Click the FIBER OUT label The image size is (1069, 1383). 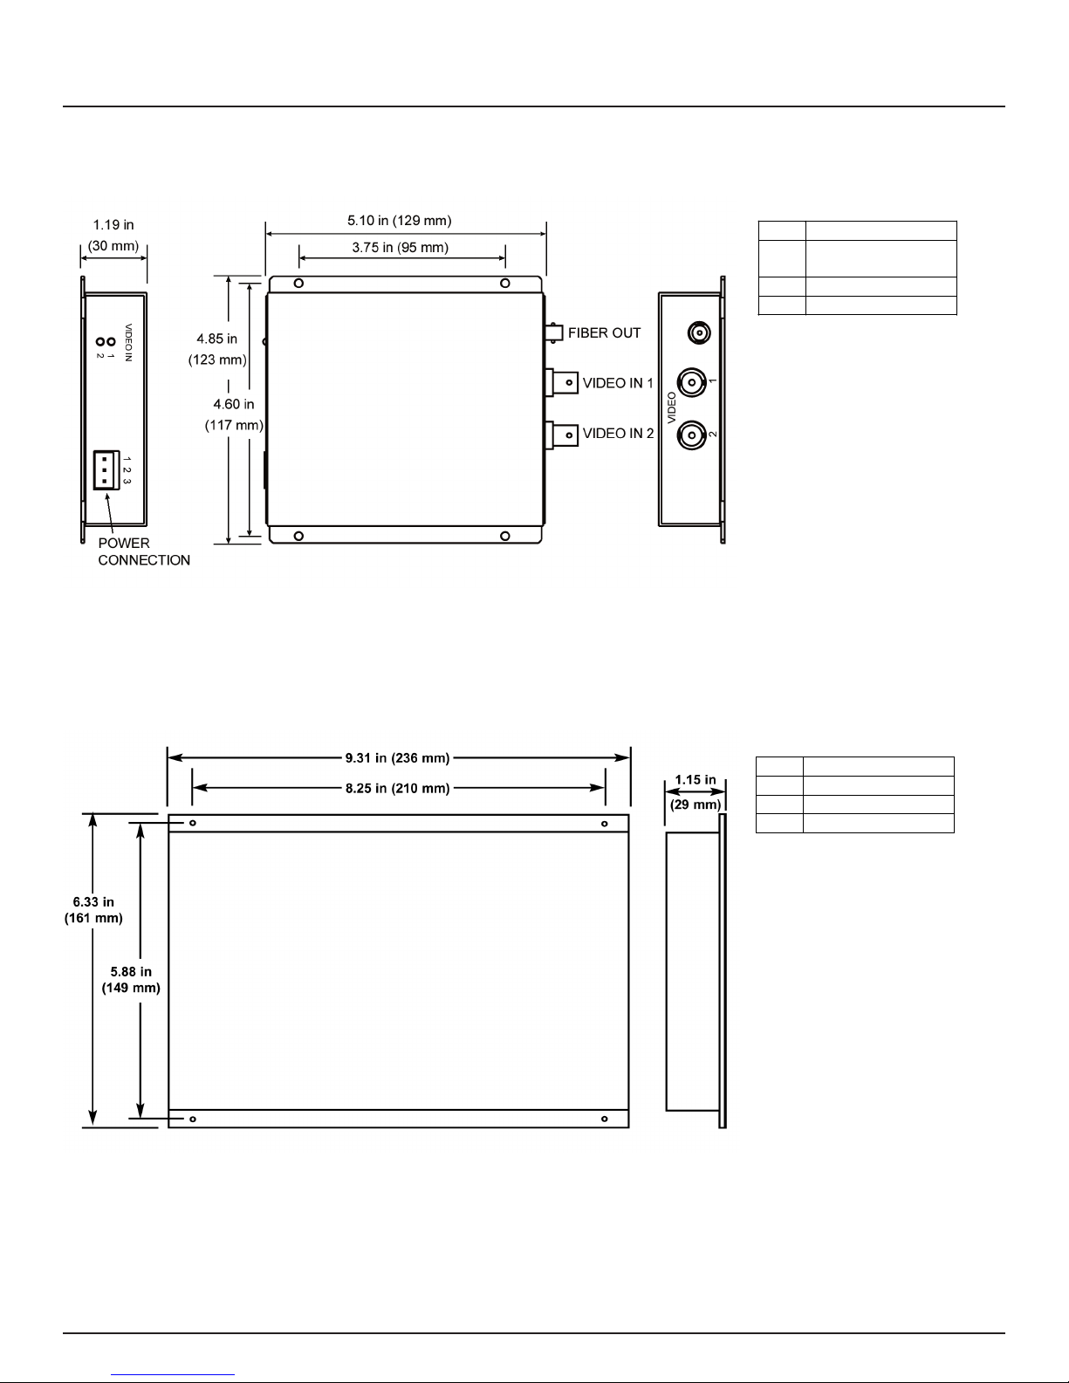coord(604,332)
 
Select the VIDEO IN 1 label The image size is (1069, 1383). coord(618,383)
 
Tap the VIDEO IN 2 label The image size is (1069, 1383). coord(618,434)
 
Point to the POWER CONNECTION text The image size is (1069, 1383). coord(144,551)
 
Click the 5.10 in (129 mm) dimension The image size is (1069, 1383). coord(399,221)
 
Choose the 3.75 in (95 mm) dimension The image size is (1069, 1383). coord(401,248)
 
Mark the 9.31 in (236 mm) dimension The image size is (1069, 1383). coord(398,758)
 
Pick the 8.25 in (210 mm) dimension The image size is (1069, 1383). coord(398,789)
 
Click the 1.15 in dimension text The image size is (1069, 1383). coord(696,780)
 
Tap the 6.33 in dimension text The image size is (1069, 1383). coord(93,902)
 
